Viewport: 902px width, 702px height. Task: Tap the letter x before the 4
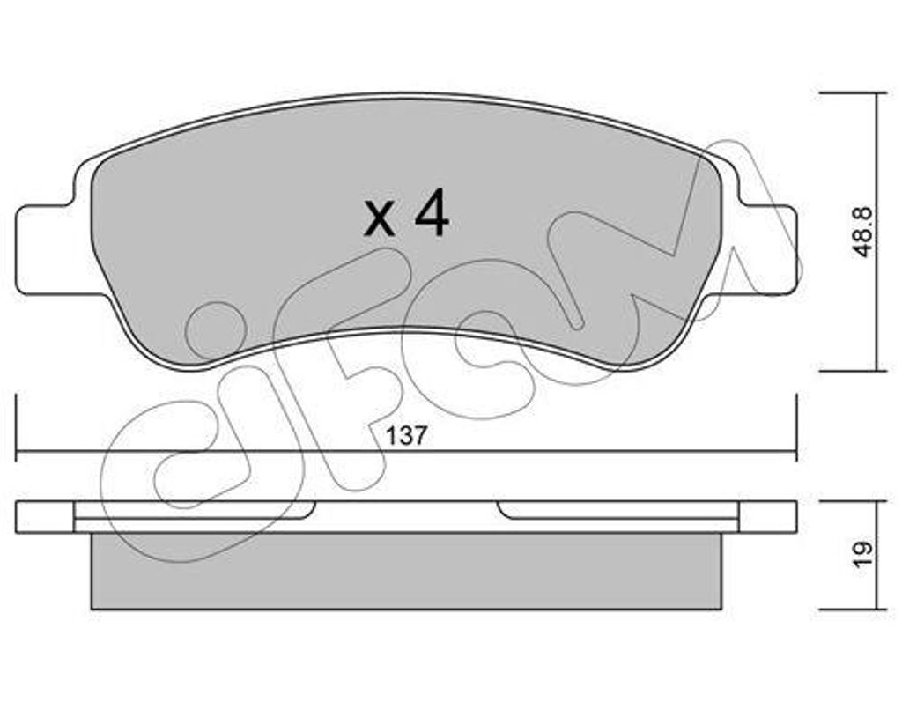[380, 219]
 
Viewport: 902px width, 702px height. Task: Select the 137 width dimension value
[406, 435]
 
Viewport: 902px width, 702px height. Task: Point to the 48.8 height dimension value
[864, 232]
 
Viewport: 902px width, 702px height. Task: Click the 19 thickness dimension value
[864, 552]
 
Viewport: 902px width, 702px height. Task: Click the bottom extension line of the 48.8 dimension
[850, 371]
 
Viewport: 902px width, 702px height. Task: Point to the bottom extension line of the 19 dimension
[850, 609]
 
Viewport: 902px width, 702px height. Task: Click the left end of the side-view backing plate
[44, 516]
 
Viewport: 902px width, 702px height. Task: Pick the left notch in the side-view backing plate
[310, 509]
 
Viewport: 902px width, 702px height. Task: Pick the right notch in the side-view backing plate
[502, 509]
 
